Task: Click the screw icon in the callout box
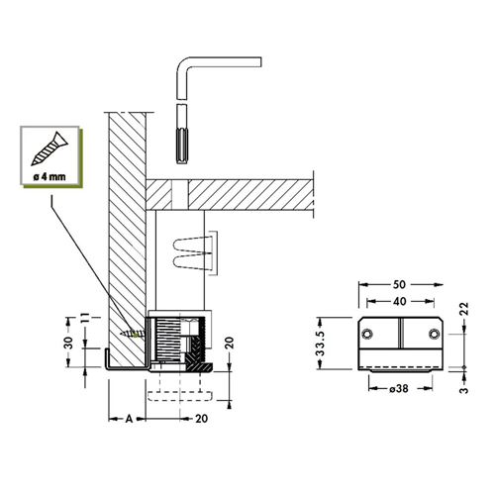(49, 148)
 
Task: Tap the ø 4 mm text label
(49, 176)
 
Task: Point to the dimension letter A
(129, 419)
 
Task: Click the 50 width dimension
(399, 284)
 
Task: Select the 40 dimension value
(399, 301)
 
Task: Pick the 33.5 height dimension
(321, 344)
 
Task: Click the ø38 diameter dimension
(399, 389)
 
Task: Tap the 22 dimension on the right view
(464, 309)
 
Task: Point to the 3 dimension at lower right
(464, 390)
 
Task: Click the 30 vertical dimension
(68, 343)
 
